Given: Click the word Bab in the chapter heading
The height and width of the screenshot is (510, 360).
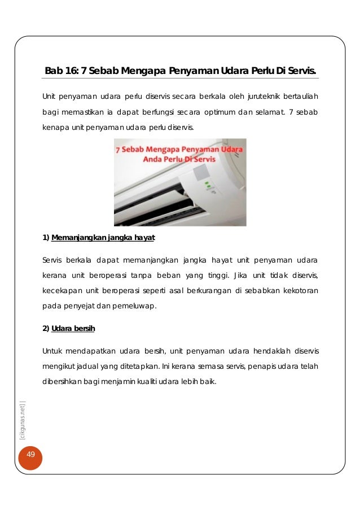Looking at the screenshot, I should (53, 71).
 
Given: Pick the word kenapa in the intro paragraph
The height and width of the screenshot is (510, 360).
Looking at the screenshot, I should (53, 128).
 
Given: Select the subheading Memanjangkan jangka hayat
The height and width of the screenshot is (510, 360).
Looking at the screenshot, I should (103, 238).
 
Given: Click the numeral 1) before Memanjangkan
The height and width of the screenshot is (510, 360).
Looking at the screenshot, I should (46, 238).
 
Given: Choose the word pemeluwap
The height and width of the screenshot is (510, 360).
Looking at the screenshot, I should (136, 307).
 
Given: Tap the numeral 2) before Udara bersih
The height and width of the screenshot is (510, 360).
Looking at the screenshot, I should (46, 328).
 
